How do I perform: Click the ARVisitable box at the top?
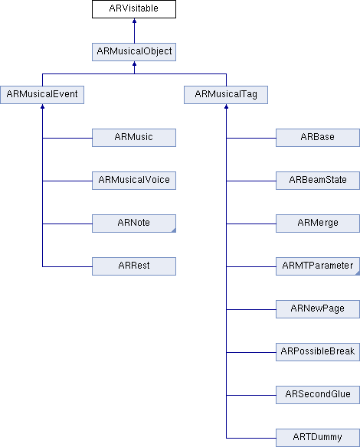tap(134, 9)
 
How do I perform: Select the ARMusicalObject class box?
tap(134, 52)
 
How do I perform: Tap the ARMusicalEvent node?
tap(42, 95)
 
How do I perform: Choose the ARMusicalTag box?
tap(226, 95)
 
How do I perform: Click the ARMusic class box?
tap(134, 138)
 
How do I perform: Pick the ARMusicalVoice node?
tap(134, 181)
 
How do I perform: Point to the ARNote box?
tap(134, 223)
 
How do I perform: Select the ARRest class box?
tap(134, 266)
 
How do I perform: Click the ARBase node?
tap(318, 138)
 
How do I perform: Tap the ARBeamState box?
tap(318, 181)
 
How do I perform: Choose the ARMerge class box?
tap(318, 223)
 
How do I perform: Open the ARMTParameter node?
tap(318, 266)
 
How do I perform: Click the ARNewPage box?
tap(318, 309)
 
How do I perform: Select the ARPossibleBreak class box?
tap(318, 352)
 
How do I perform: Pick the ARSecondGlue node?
tap(318, 395)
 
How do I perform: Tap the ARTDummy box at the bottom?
tap(318, 438)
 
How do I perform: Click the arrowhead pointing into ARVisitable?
tap(134, 21)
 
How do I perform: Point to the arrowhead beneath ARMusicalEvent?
tap(42, 106)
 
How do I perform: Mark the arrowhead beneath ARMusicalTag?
tap(226, 106)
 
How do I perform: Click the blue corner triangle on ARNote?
tap(174, 230)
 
